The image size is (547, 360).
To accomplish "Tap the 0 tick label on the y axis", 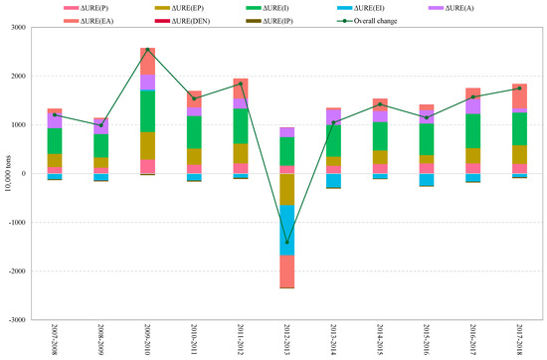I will point(22,174).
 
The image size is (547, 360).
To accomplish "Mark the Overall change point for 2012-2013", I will point(286,243).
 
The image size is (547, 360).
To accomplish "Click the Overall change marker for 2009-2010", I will point(148,50).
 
